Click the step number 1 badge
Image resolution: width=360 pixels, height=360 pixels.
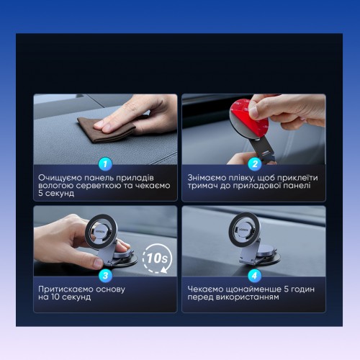click(105, 164)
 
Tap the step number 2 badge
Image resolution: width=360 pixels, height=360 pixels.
click(255, 164)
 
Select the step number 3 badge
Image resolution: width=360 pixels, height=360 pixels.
click(105, 276)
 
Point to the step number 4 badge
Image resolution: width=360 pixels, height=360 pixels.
click(255, 276)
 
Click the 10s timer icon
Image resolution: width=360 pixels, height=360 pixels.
click(157, 258)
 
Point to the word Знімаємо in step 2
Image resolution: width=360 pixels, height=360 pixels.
click(207, 178)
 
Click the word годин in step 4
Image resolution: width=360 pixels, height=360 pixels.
click(302, 289)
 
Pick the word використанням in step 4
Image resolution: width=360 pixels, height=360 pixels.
click(248, 297)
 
